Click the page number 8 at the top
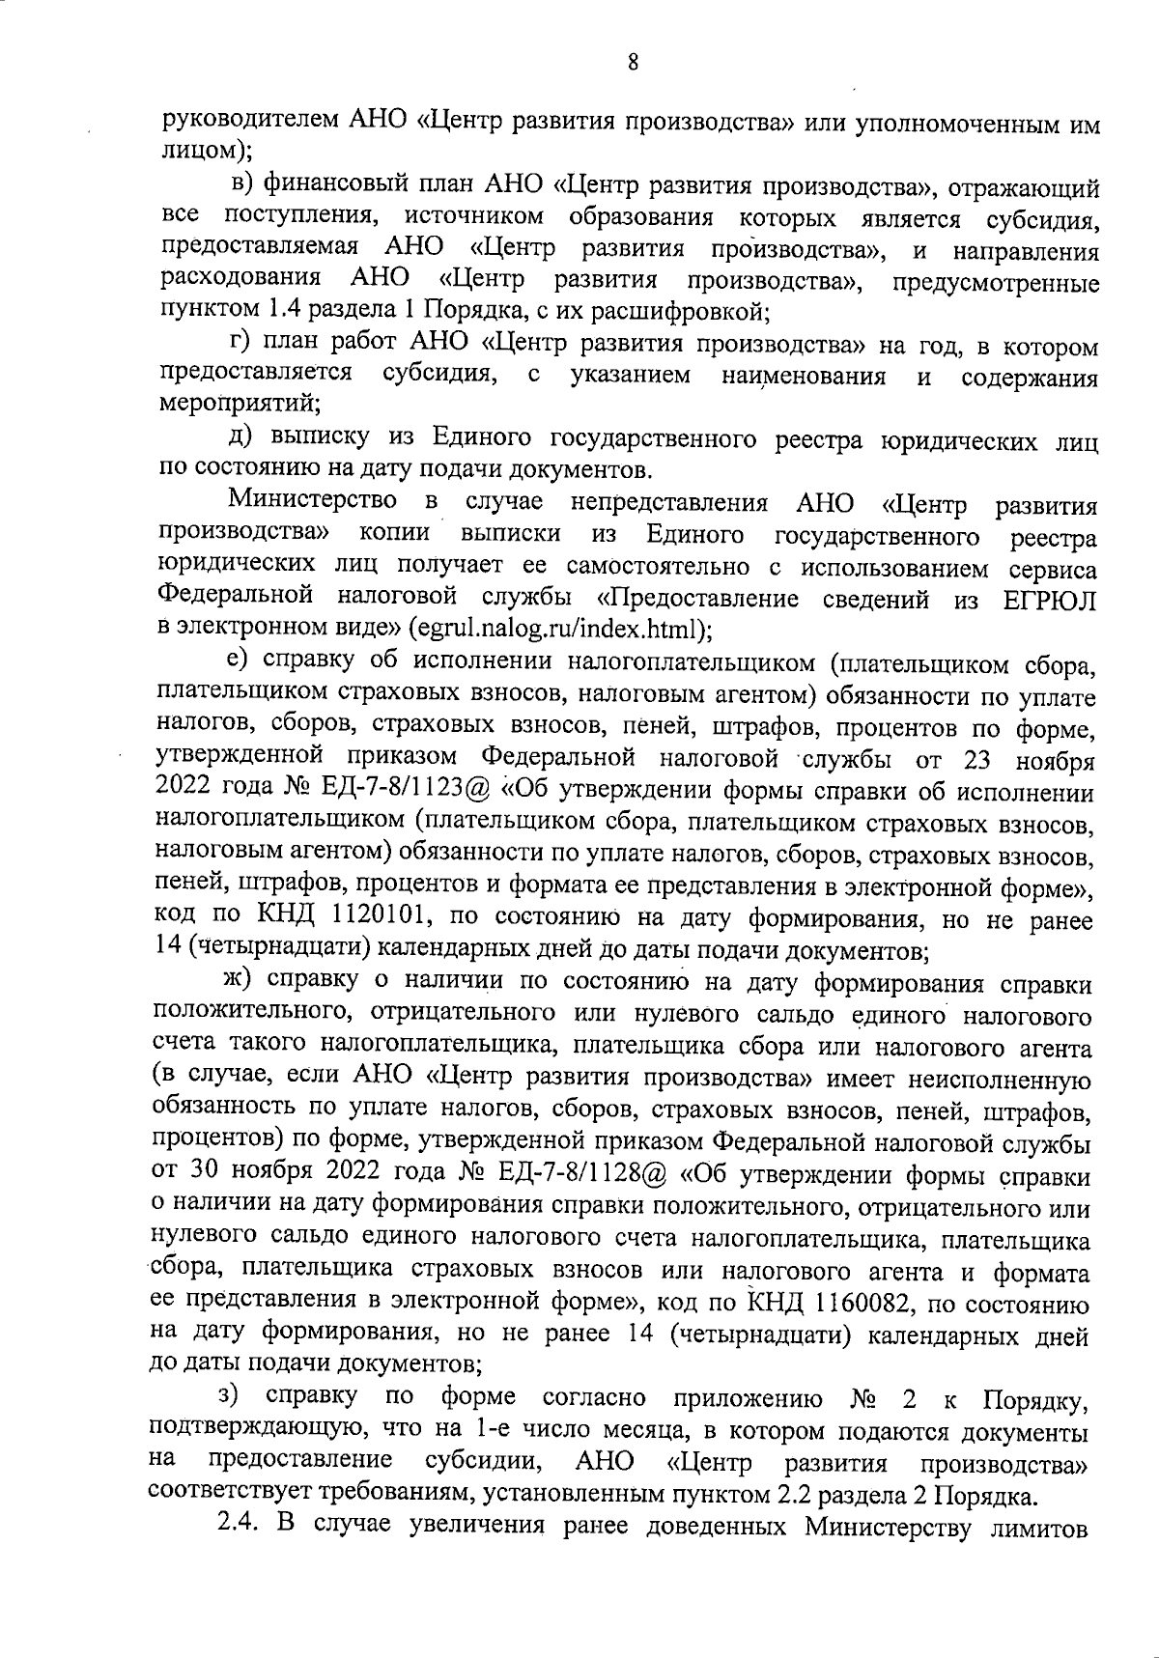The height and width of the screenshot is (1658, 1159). point(633,64)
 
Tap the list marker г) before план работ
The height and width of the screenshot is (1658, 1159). point(240,344)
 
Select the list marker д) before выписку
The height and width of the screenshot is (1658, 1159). point(241,438)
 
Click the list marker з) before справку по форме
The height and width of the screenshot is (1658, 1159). point(229,1396)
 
